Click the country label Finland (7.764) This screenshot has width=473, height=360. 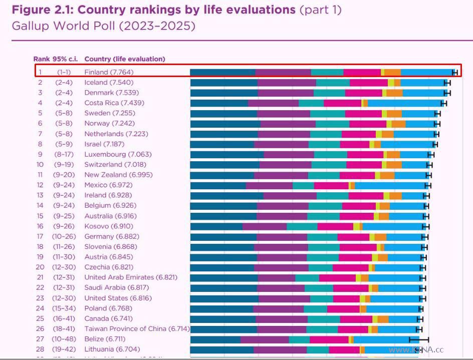tap(109, 72)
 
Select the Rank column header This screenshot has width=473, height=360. tap(42, 59)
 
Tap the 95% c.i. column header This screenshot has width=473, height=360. tap(66, 59)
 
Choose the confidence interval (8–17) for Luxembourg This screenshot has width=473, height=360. tap(64, 154)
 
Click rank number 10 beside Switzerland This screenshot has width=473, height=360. tap(40, 164)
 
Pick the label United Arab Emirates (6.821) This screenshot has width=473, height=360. tap(131, 277)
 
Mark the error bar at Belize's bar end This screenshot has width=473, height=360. tap(419, 339)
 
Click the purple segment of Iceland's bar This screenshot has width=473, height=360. tap(287, 83)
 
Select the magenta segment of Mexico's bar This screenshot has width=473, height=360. tap(331, 185)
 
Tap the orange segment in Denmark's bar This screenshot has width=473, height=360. tap(394, 93)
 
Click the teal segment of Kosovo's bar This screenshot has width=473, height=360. tap(302, 226)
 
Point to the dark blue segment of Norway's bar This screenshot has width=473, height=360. tap(225, 124)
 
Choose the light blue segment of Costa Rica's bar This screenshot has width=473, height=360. tap(404, 103)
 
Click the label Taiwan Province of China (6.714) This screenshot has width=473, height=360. tap(137, 329)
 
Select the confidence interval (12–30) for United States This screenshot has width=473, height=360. tap(64, 298)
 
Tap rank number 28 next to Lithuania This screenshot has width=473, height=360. tap(40, 349)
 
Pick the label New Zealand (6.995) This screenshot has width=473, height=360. tap(118, 175)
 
